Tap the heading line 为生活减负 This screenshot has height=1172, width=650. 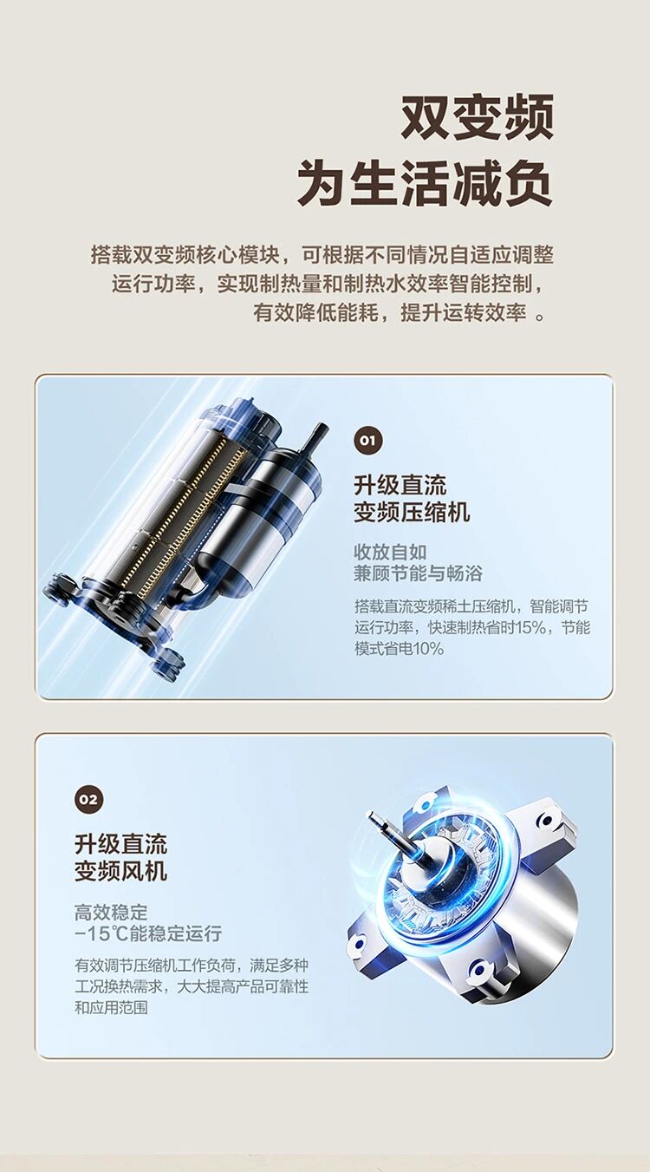click(425, 182)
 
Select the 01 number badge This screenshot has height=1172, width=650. click(367, 441)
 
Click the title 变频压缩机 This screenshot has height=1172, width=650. click(412, 512)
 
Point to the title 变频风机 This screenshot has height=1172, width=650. click(120, 871)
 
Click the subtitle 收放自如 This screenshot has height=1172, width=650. click(391, 552)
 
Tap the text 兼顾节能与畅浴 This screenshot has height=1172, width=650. click(418, 574)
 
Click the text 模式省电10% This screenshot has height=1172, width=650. click(400, 649)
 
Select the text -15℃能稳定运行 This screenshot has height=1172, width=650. click(148, 934)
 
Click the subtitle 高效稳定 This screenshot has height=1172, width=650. click(111, 913)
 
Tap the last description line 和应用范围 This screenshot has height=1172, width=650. click(111, 1008)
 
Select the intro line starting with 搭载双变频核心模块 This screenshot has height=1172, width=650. click(322, 255)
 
